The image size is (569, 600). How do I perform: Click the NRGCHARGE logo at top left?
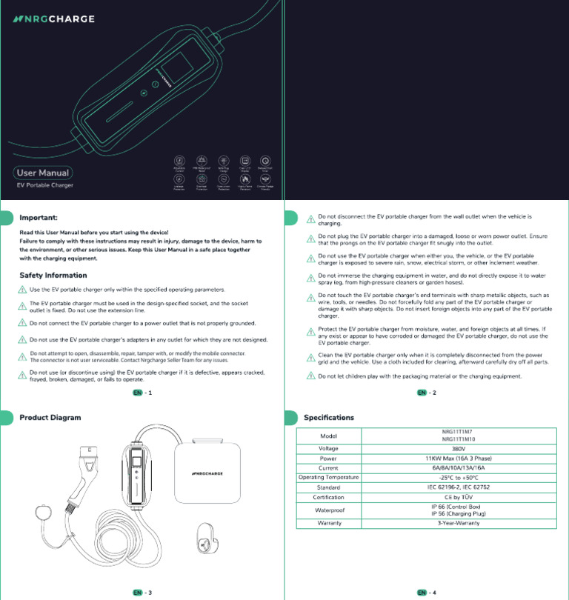tap(53, 19)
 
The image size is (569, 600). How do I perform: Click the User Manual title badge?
tap(43, 173)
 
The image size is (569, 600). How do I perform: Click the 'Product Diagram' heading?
tap(50, 417)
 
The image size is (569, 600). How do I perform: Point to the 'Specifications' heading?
tap(329, 417)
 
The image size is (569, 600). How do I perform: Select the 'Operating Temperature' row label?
tap(328, 477)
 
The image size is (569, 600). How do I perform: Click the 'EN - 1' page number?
tap(142, 393)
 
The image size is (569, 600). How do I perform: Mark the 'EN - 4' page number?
tap(426, 593)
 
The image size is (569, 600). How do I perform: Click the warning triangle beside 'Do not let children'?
tap(311, 376)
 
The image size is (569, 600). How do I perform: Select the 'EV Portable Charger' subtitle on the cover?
tap(44, 185)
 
